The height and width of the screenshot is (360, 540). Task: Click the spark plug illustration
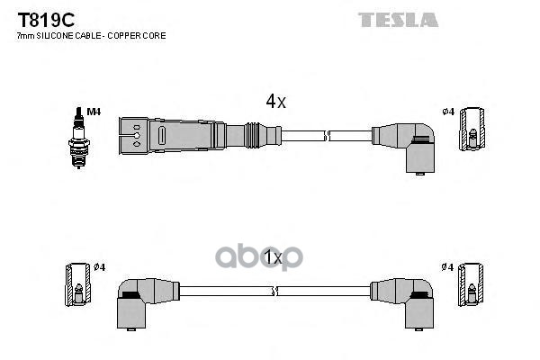pyautogui.click(x=78, y=132)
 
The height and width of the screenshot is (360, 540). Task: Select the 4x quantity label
pyautogui.click(x=274, y=102)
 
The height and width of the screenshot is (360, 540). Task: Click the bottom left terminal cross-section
pyautogui.click(x=78, y=285)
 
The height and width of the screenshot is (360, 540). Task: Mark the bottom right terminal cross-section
pyautogui.click(x=472, y=285)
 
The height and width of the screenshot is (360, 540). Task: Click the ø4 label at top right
pyautogui.click(x=447, y=112)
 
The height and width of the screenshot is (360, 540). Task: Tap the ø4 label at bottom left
pyautogui.click(x=99, y=267)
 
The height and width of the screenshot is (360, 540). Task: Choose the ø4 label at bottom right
pyautogui.click(x=447, y=267)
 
